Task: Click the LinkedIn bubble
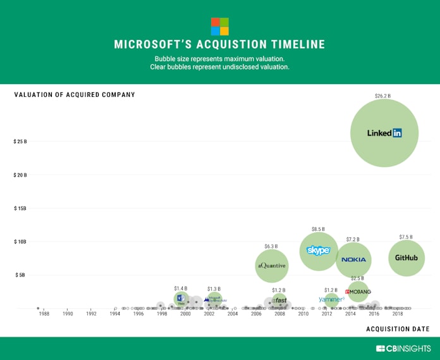384,133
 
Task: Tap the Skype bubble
319,251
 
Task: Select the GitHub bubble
406,258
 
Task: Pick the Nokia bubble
353,259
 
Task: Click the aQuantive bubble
271,266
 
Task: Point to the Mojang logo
358,292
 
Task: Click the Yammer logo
331,299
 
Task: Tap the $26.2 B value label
382,96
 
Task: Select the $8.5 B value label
318,228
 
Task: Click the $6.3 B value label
271,245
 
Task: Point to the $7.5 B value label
406,237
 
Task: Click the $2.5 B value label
357,278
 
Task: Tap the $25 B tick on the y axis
20,141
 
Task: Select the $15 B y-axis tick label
20,208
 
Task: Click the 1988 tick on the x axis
44,314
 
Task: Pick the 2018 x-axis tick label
398,314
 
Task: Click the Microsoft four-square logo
219,27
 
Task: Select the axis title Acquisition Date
398,328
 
